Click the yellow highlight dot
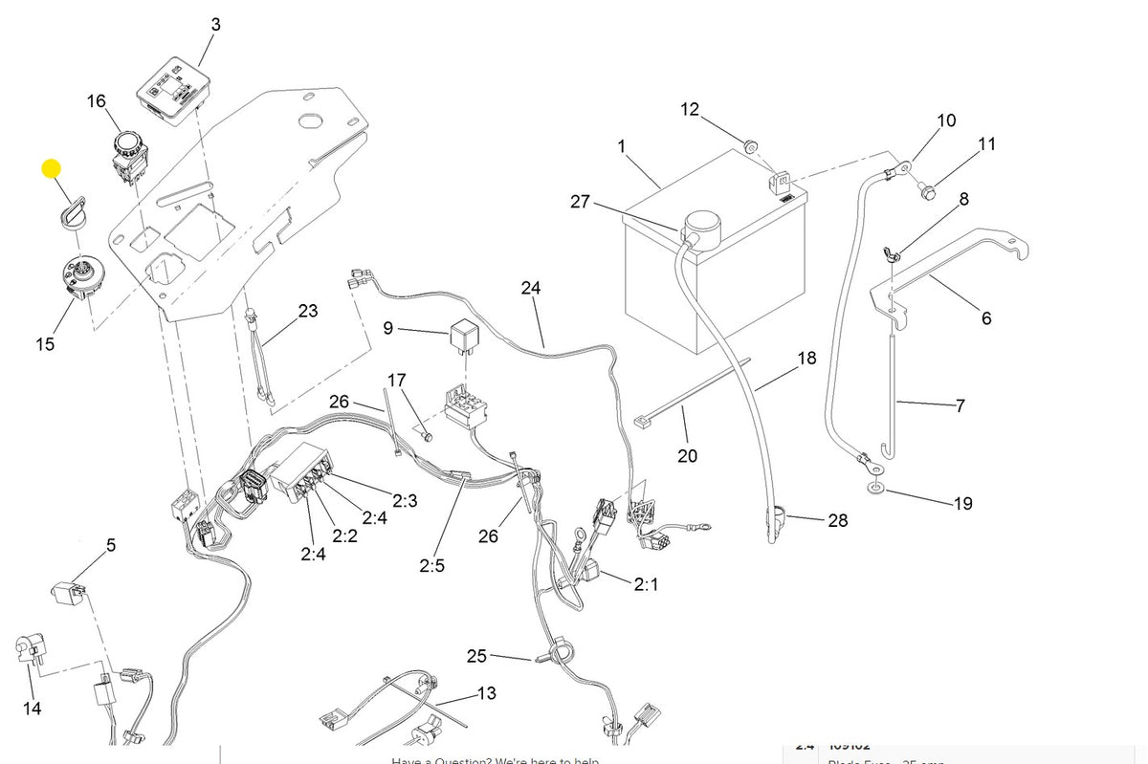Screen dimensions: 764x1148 [51, 170]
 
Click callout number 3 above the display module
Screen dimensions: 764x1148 [215, 25]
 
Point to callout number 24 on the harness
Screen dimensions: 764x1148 [531, 288]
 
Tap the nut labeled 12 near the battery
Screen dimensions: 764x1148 [752, 145]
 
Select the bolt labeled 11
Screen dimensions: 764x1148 [928, 195]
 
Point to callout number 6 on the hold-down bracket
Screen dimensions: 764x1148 [986, 318]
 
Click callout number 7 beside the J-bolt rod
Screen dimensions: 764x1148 [960, 405]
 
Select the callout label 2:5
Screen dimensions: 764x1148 [431, 565]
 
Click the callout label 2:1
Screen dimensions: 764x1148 [646, 583]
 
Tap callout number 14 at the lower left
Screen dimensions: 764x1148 [33, 709]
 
